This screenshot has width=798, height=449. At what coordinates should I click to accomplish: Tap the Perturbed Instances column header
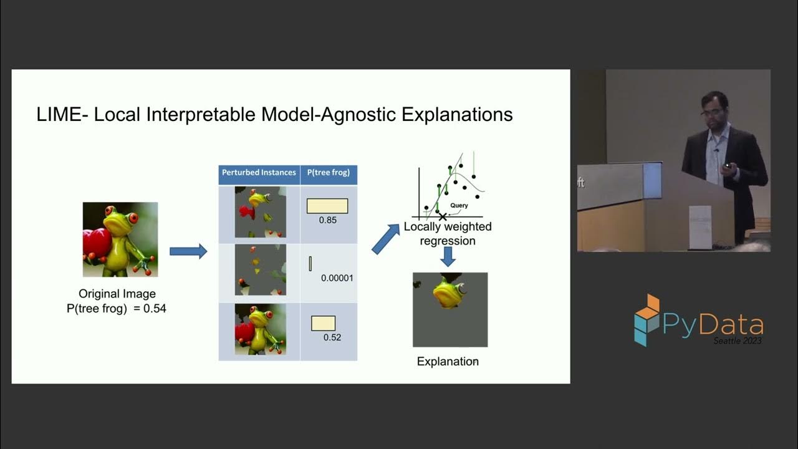(x=259, y=173)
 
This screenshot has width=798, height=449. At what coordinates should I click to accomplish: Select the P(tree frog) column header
(x=329, y=173)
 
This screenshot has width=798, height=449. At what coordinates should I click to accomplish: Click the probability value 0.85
(x=327, y=220)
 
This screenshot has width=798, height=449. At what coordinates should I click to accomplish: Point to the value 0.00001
(x=337, y=278)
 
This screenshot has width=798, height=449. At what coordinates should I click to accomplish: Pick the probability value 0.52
(x=332, y=337)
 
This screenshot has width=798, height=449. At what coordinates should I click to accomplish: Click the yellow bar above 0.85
(x=327, y=206)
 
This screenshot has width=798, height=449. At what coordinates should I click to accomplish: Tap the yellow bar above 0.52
(x=323, y=323)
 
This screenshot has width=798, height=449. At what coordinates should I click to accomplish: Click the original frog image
(x=120, y=239)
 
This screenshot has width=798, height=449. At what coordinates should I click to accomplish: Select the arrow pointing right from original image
(x=188, y=251)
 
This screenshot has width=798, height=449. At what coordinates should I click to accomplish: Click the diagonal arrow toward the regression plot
(x=385, y=239)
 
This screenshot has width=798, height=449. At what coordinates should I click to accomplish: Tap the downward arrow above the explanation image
(x=448, y=257)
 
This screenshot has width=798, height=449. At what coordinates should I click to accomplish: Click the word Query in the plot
(x=459, y=205)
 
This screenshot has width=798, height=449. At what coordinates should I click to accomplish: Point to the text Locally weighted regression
(x=448, y=234)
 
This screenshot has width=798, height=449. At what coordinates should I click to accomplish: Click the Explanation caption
(x=448, y=362)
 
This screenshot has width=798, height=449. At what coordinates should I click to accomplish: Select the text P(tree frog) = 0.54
(x=117, y=308)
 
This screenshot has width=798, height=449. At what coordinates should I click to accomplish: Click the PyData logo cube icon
(x=647, y=319)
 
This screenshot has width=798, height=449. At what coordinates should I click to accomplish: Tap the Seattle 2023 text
(x=738, y=340)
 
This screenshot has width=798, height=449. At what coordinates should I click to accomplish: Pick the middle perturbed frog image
(x=260, y=269)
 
